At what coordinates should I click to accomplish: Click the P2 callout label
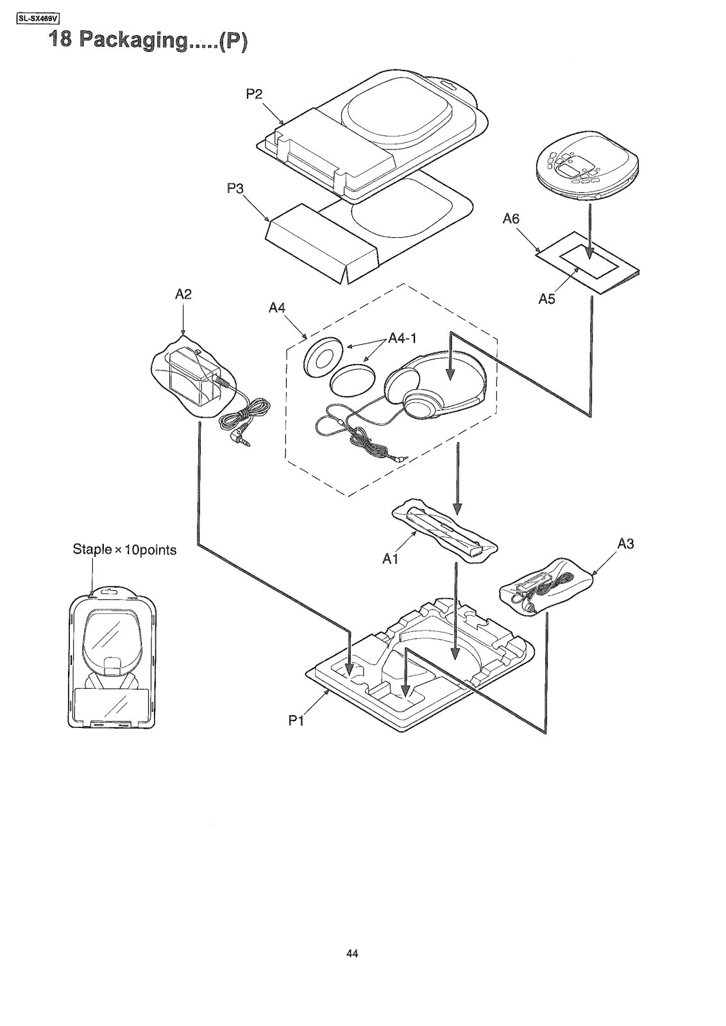[254, 94]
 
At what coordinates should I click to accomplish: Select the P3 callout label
[235, 188]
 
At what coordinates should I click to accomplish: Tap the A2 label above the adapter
[183, 294]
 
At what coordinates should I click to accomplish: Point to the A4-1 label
[402, 338]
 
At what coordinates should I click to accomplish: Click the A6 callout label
[511, 219]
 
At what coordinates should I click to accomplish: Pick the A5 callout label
[547, 299]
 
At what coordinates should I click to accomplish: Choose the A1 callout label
[390, 559]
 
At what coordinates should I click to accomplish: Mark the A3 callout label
[625, 543]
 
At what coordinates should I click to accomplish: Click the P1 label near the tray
[296, 720]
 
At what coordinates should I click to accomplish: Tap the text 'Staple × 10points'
[124, 549]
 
